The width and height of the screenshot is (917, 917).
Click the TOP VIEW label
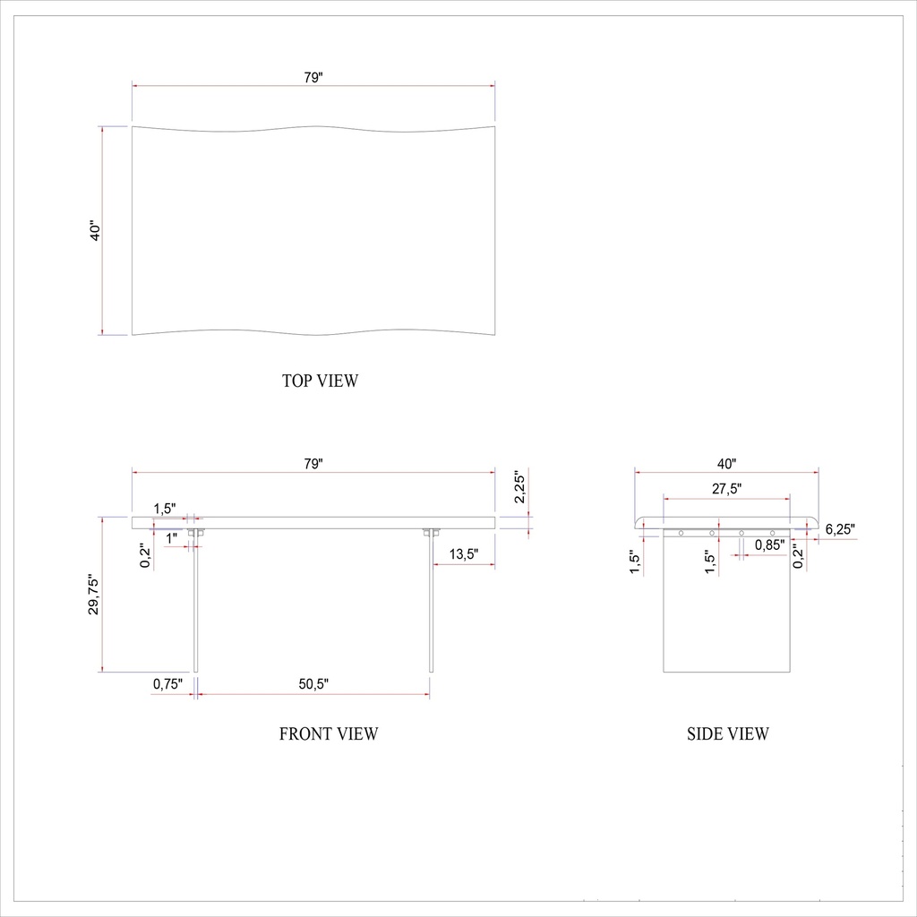tap(320, 381)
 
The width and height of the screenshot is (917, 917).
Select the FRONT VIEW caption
tap(329, 734)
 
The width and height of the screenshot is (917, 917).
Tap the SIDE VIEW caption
tap(727, 734)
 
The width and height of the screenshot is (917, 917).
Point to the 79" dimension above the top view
tap(313, 78)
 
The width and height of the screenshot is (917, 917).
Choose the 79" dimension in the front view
tap(313, 464)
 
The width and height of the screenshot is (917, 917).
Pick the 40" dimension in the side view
tap(726, 464)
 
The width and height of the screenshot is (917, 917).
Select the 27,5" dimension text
tap(726, 490)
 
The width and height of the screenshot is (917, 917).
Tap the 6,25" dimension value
tap(840, 529)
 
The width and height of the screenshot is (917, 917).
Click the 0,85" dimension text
tap(770, 544)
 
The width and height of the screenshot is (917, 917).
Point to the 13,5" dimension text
tap(463, 554)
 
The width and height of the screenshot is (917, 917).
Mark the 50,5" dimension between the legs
tap(313, 685)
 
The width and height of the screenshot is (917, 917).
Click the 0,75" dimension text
tap(167, 685)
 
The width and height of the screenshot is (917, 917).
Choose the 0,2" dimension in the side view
tap(799, 555)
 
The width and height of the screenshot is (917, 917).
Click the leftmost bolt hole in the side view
tap(681, 533)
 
